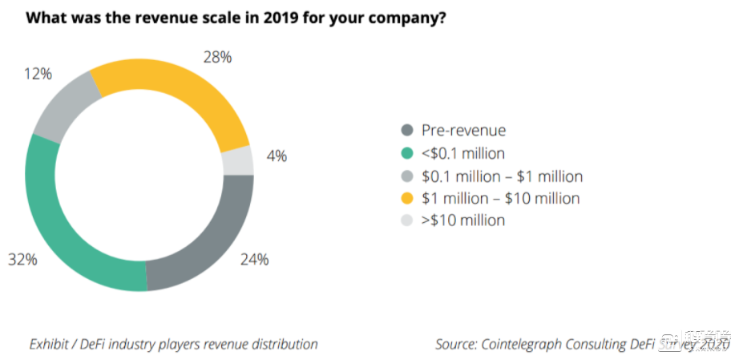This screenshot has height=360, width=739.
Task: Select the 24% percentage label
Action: coord(255,259)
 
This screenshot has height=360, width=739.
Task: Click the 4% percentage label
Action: coord(277,156)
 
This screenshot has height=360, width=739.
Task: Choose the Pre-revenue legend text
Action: coord(463,130)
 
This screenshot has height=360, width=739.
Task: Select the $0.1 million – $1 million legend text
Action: coord(502,176)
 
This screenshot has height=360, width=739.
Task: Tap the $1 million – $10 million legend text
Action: coord(500,197)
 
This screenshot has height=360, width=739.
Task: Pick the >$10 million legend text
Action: coord(463,220)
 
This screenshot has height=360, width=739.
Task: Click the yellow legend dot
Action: coord(406,198)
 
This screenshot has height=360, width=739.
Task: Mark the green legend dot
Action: coord(406,153)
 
